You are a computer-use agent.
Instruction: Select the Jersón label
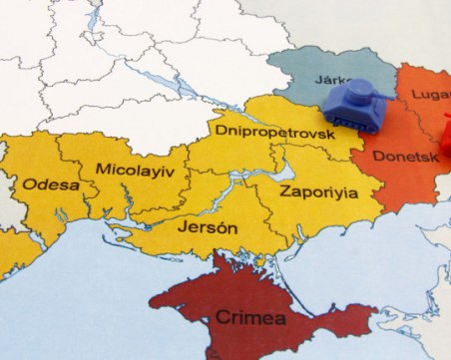207,227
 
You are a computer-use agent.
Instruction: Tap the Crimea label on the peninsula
249,319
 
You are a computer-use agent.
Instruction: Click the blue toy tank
356,105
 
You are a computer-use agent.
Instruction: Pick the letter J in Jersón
181,227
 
